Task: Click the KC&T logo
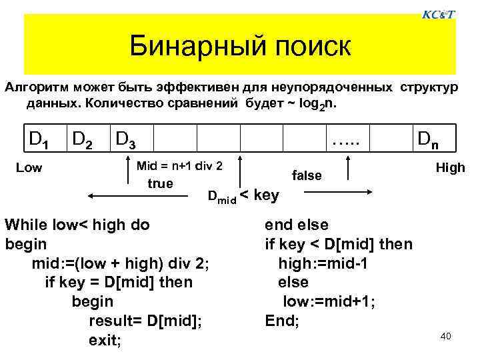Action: [x=439, y=14]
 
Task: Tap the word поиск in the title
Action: [x=308, y=46]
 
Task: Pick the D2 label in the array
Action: [x=83, y=139]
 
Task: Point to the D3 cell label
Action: [x=127, y=139]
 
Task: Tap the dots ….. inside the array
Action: [x=345, y=139]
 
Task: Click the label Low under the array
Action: [x=29, y=168]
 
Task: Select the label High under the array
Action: [x=450, y=167]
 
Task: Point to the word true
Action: [x=159, y=183]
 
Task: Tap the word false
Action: [x=307, y=175]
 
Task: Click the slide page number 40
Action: [x=446, y=336]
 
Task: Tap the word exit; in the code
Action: [x=105, y=341]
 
